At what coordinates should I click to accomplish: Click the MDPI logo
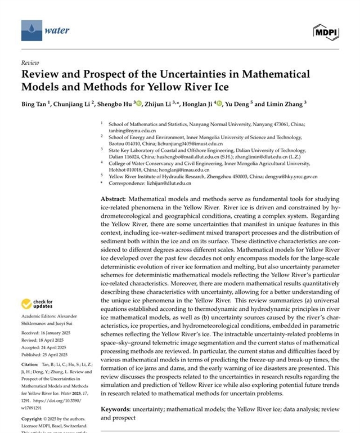(326, 32)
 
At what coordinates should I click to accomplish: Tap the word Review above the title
(30, 63)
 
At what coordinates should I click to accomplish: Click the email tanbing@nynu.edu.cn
(131, 128)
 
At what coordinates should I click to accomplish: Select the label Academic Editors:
(38, 316)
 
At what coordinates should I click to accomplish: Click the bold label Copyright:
(34, 419)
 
